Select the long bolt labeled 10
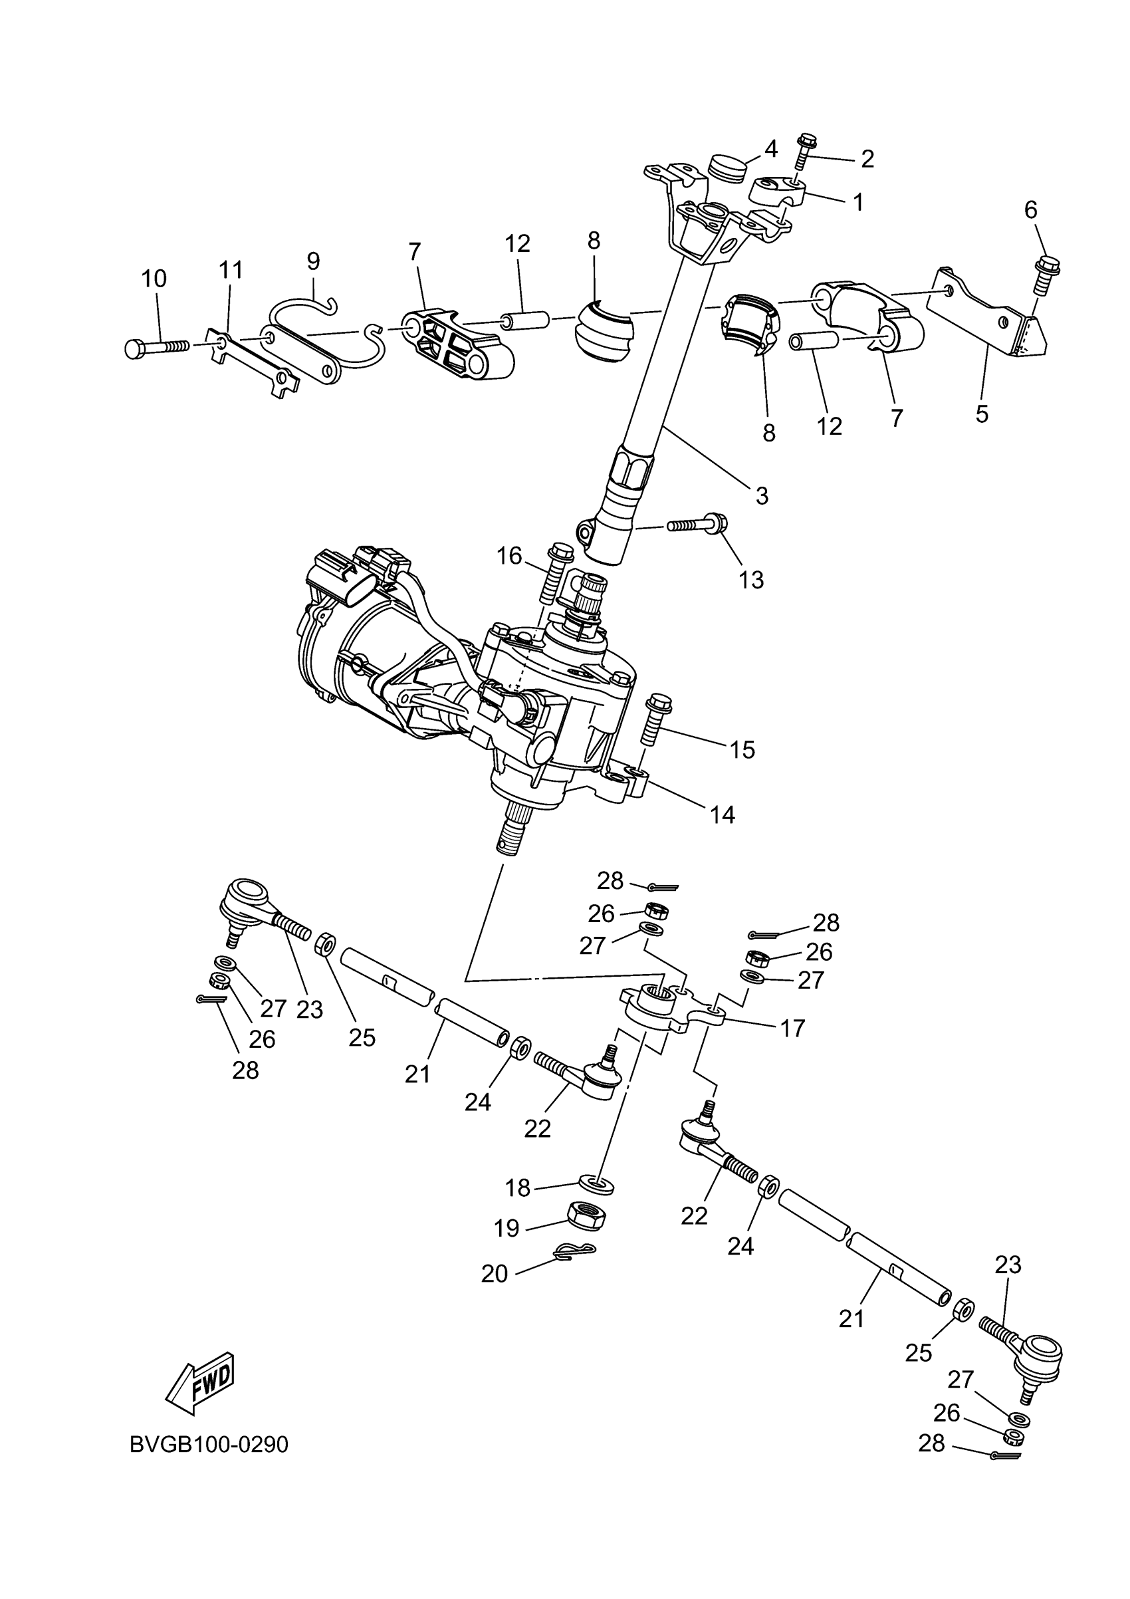click(x=158, y=346)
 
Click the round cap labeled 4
click(x=725, y=168)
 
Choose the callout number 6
click(x=1030, y=209)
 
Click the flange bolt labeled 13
click(x=697, y=523)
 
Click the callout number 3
click(x=762, y=496)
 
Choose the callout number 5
click(x=982, y=414)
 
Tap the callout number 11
click(x=231, y=269)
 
